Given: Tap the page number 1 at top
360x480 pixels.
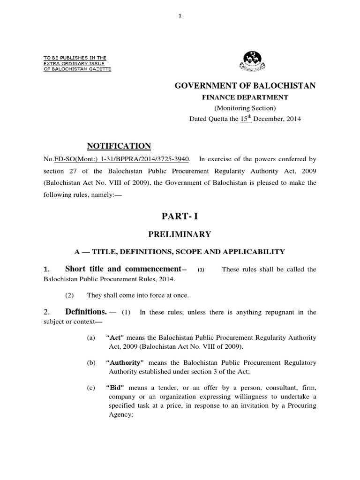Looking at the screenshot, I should click(x=180, y=15).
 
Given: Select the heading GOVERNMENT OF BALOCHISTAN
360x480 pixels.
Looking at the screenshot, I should click(x=245, y=85).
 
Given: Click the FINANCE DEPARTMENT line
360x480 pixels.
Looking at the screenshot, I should click(x=245, y=97).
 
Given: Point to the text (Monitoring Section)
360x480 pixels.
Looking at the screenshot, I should click(x=245, y=108).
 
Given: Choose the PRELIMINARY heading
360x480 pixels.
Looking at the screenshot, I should click(x=180, y=234).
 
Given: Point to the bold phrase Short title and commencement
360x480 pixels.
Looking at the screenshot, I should click(x=123, y=269).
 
